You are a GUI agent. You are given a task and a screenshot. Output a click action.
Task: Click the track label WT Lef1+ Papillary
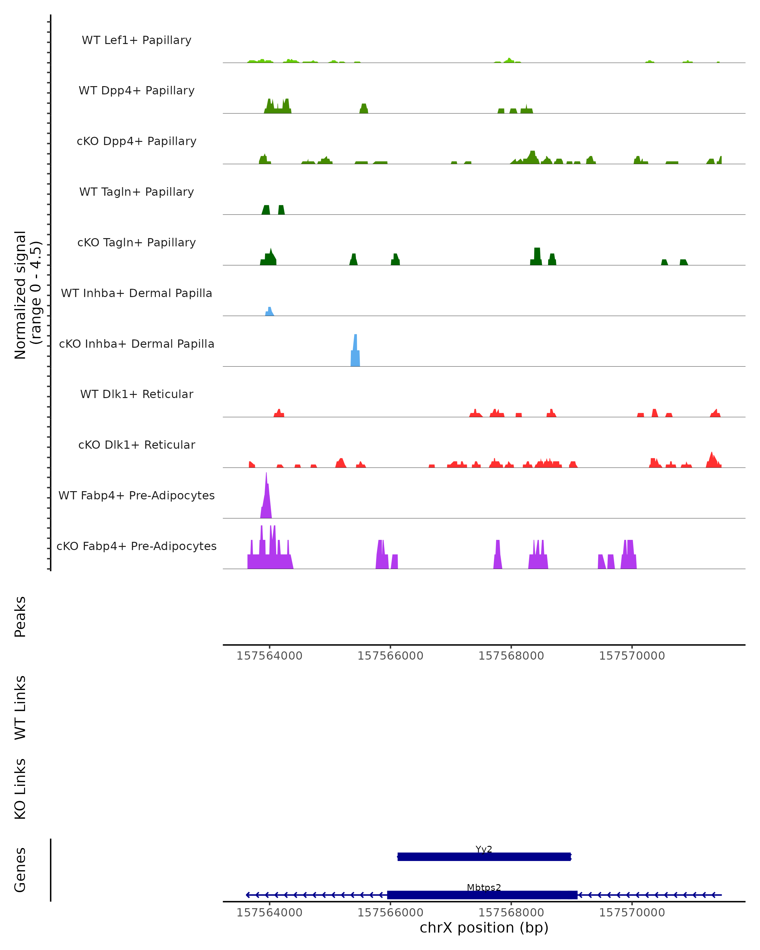pyautogui.click(x=136, y=40)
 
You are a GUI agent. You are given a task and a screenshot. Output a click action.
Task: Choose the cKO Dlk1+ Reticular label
pyautogui.click(x=136, y=445)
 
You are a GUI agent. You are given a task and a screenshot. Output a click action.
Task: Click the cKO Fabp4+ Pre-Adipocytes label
pyautogui.click(x=136, y=546)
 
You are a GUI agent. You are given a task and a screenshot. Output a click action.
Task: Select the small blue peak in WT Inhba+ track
pyautogui.click(x=269, y=312)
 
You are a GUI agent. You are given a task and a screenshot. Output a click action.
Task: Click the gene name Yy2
pyautogui.click(x=484, y=849)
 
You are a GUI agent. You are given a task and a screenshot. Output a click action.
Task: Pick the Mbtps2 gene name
pyautogui.click(x=484, y=887)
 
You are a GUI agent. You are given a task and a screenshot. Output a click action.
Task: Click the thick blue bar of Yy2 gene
pyautogui.click(x=484, y=857)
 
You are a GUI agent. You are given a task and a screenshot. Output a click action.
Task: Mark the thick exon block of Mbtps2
pyautogui.click(x=482, y=895)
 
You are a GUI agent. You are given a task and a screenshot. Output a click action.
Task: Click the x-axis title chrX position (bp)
pyautogui.click(x=484, y=928)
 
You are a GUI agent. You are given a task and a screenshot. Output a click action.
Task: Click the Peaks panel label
pyautogui.click(x=20, y=617)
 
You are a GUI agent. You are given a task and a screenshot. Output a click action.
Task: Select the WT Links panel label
pyautogui.click(x=20, y=708)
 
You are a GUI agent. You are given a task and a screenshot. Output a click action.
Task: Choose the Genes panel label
pyautogui.click(x=20, y=870)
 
